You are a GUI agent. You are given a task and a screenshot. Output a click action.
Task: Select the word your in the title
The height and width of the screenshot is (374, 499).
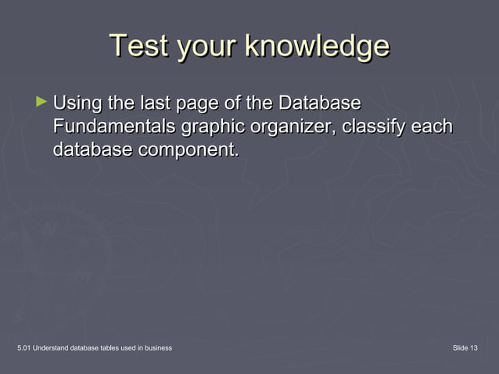click(208, 46)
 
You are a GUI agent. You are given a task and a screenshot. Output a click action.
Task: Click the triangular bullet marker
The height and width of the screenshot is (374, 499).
click(42, 102)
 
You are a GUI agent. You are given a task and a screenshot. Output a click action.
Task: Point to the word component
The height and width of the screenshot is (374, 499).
click(188, 150)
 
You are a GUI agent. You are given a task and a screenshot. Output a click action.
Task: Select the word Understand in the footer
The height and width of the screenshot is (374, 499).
click(55, 347)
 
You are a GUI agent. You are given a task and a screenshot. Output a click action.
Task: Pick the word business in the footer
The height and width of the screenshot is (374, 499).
click(158, 347)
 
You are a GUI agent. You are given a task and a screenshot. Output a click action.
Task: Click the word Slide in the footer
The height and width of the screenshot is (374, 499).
click(459, 347)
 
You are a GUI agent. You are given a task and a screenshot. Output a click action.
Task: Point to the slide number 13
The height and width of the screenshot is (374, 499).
click(474, 347)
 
